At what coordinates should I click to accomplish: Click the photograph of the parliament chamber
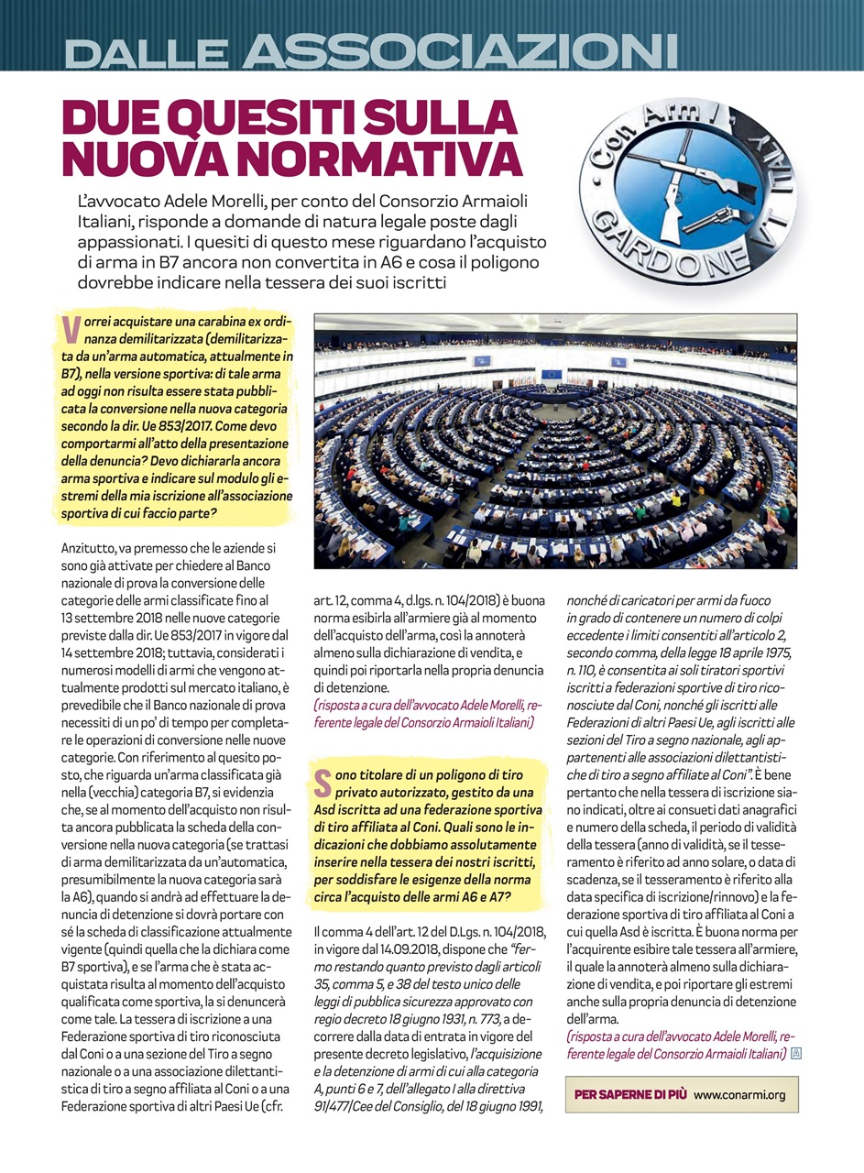click(x=555, y=441)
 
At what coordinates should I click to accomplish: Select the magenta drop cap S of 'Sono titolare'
click(x=323, y=784)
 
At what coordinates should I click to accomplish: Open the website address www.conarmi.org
click(x=740, y=1094)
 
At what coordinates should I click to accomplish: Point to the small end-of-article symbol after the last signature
click(x=794, y=1054)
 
